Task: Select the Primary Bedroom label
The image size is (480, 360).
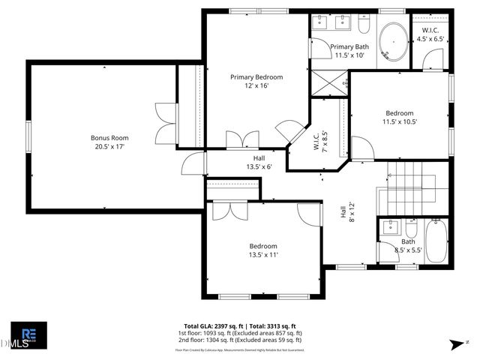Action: tap(256, 77)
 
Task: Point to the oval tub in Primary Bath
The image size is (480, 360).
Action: tap(391, 42)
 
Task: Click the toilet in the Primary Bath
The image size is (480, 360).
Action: tap(364, 27)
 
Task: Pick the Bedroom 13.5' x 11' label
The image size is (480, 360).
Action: tap(263, 250)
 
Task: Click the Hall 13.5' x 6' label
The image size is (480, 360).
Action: tap(259, 163)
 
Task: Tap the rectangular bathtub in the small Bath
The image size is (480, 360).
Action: tap(436, 241)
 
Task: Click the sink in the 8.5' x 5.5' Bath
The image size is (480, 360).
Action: tap(391, 227)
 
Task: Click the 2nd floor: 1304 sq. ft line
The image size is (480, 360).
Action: tap(239, 340)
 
